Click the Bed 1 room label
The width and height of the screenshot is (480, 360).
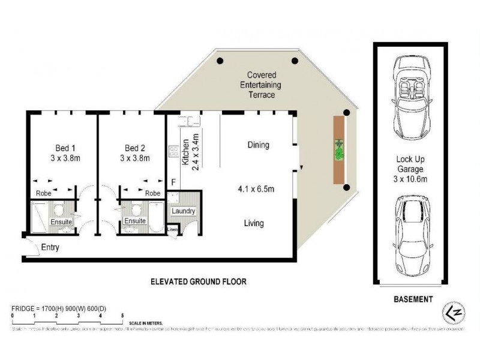tap(61, 153)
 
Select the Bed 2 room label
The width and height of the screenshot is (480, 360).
tap(135, 153)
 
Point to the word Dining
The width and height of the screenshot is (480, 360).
tap(258, 145)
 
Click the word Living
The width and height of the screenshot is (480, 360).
tap(254, 223)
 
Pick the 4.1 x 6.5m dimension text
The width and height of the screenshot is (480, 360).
tap(256, 190)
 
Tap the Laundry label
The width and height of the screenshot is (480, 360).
tap(183, 211)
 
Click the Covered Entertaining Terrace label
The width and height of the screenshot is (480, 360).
tap(262, 85)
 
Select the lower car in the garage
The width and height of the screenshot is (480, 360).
tap(412, 234)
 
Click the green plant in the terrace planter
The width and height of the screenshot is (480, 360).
tap(340, 150)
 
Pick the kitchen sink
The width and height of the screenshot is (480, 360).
tap(189, 122)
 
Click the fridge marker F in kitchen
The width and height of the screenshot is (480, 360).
tap(173, 182)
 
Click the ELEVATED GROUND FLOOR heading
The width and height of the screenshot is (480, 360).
tap(199, 281)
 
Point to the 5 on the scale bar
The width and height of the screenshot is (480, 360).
tap(122, 315)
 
